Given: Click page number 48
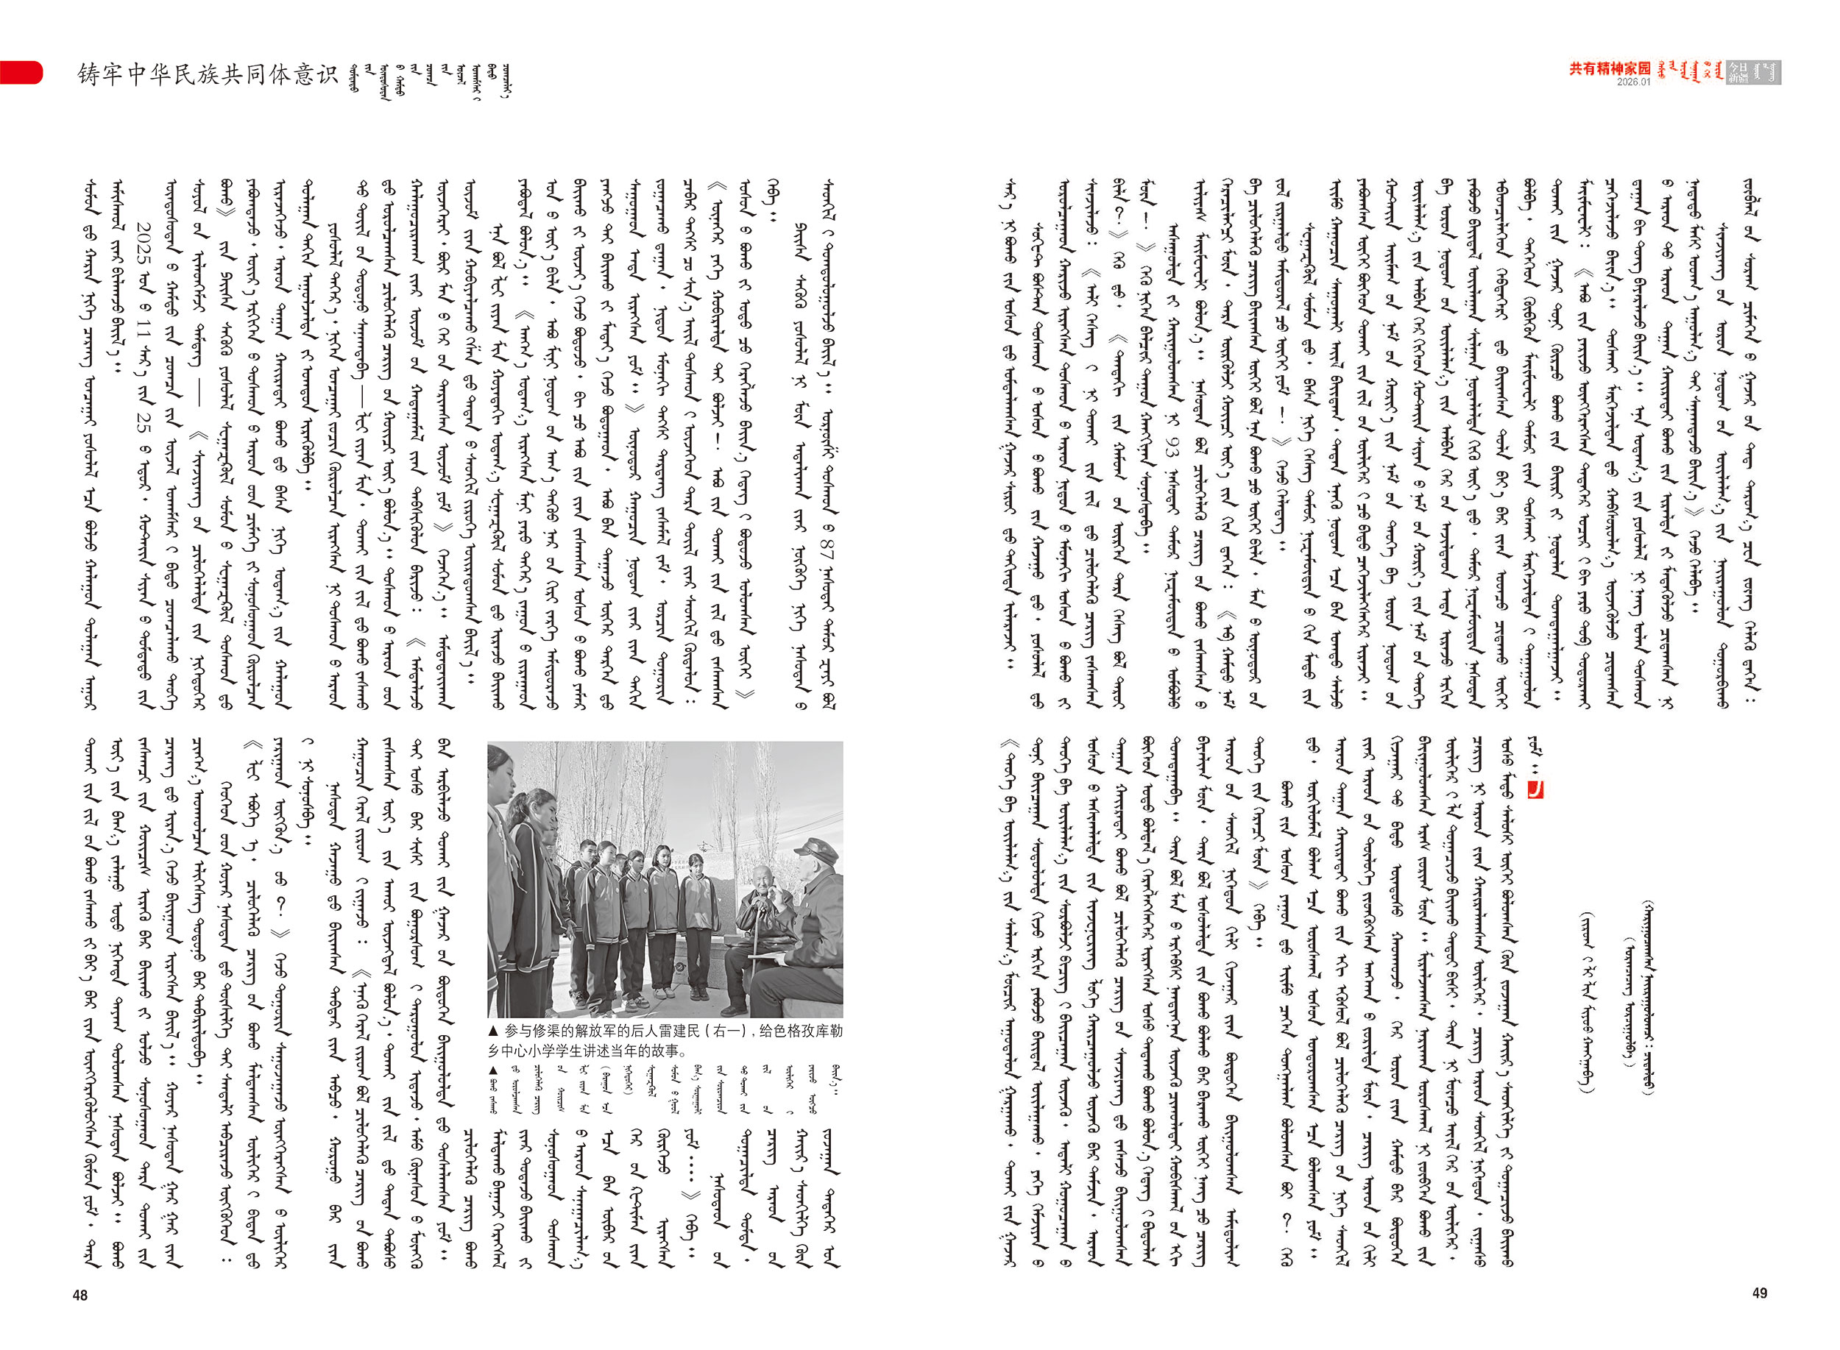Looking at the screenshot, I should (x=80, y=1296).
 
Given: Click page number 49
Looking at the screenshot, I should (x=1760, y=1293).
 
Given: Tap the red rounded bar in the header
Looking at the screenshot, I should (x=21, y=72).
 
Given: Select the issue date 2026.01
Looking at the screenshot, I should (x=1633, y=82).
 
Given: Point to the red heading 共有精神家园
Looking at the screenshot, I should (x=1610, y=68).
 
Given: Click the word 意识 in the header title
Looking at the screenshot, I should (x=317, y=74).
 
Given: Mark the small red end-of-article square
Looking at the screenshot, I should (x=1535, y=790).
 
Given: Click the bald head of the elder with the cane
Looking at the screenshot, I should (x=763, y=876).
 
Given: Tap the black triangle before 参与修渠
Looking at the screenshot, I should (x=493, y=1032).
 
